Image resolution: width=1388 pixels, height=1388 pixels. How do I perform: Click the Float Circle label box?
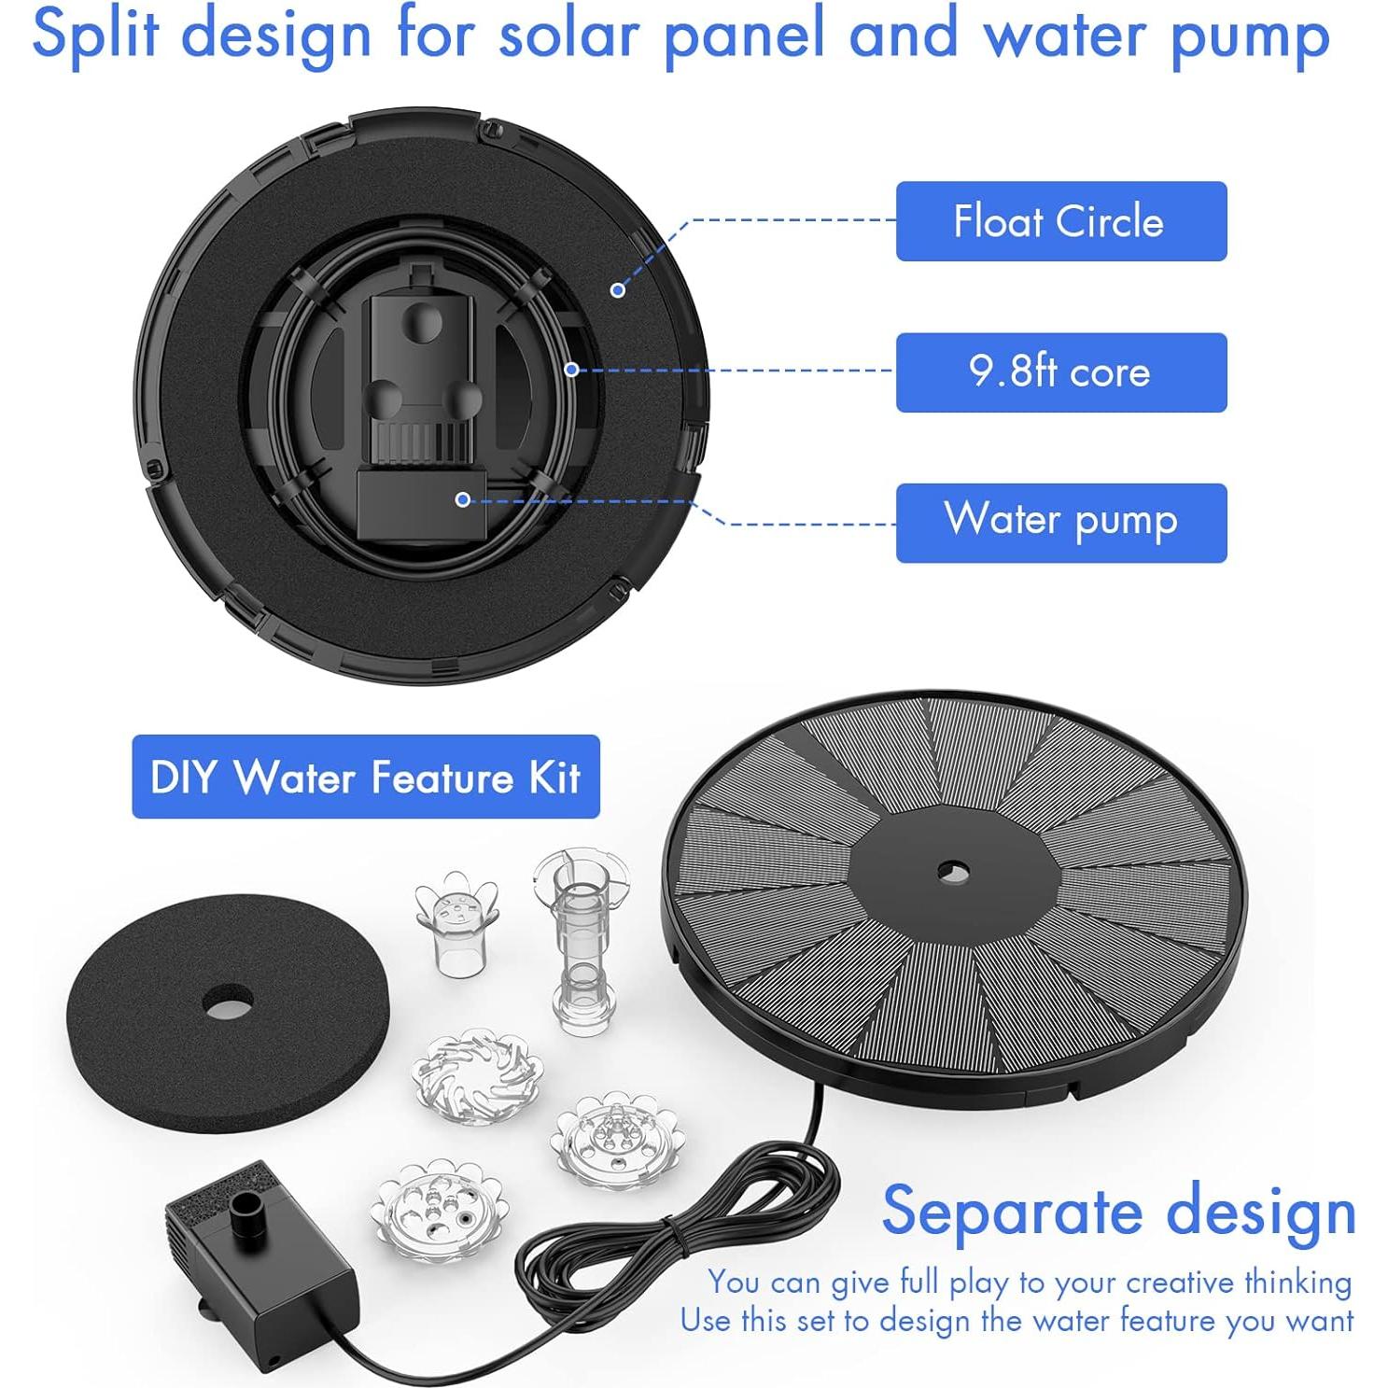[x=1060, y=221]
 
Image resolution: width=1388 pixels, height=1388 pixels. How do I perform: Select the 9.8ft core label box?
[x=1060, y=372]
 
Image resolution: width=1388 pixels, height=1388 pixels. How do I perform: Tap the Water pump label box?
[x=1060, y=523]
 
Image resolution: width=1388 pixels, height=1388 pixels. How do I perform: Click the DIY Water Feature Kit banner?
[x=365, y=777]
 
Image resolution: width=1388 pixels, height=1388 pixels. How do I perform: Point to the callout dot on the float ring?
[x=617, y=290]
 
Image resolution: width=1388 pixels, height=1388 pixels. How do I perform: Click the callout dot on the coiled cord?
[x=571, y=370]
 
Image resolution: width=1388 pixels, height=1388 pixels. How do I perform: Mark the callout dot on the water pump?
[x=462, y=499]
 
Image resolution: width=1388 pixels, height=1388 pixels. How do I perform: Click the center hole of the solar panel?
[x=952, y=874]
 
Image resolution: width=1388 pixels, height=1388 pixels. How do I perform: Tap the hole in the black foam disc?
[x=228, y=1004]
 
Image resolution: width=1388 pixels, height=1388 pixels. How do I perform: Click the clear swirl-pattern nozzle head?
[x=477, y=1076]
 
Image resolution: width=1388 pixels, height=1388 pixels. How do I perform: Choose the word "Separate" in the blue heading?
[x=1012, y=1212]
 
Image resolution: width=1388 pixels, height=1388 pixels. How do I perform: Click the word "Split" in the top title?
[x=95, y=35]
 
